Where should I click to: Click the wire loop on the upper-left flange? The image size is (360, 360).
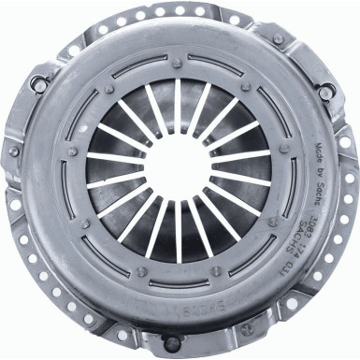click(39, 85)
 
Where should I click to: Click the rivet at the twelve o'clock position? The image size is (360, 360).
click(178, 63)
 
